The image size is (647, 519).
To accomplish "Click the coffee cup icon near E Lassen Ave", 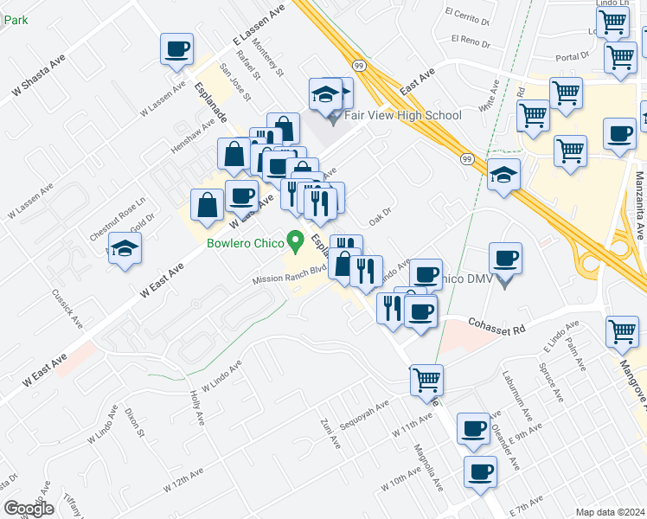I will click(177, 49).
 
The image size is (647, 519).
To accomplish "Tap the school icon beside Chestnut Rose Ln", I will click(125, 248).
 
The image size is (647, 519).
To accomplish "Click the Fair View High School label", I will click(403, 115).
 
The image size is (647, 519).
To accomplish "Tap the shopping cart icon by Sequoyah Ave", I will click(426, 379).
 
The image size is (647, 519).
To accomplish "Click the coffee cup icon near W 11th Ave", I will click(473, 428).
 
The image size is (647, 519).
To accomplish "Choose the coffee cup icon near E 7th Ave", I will click(480, 472).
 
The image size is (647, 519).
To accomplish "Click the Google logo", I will click(29, 509).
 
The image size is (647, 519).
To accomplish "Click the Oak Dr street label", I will click(381, 213).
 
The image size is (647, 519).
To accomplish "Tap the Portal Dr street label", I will click(573, 56).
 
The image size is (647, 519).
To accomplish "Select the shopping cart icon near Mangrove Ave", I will click(623, 330).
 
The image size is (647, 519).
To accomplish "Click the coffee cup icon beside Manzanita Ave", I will click(619, 135).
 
